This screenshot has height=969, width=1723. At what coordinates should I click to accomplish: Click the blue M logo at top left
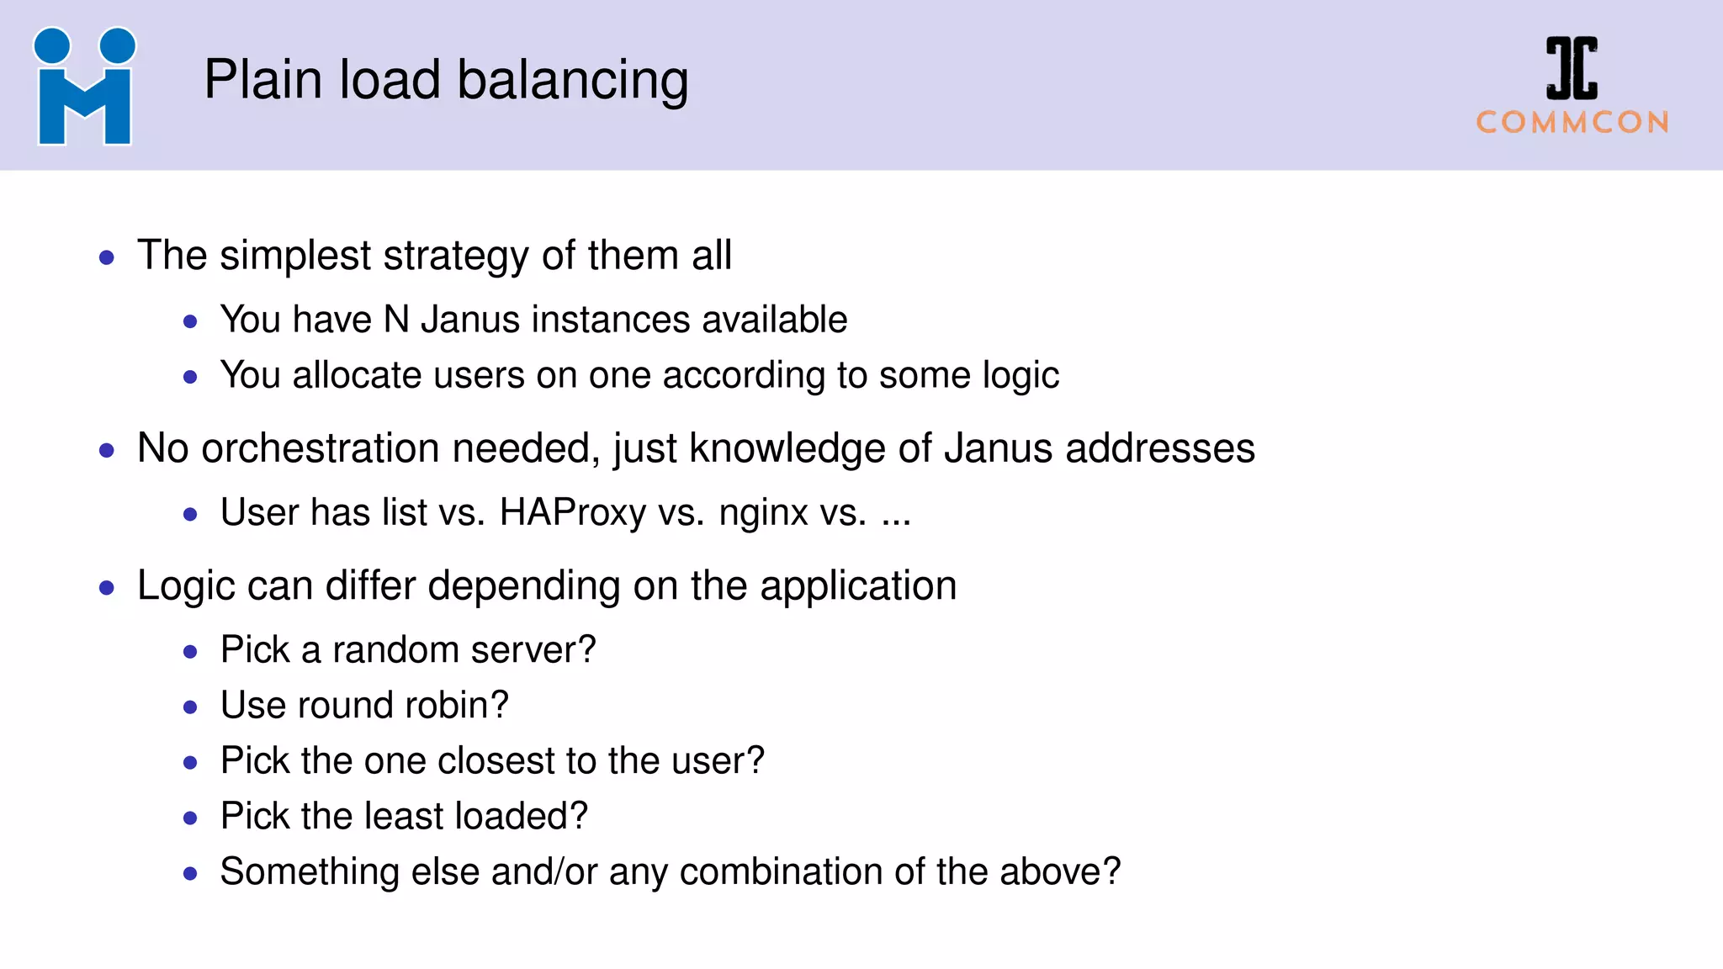(x=84, y=87)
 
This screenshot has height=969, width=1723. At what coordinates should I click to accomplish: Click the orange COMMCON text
(x=1572, y=123)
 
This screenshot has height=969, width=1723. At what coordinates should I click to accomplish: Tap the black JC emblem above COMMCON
(x=1572, y=67)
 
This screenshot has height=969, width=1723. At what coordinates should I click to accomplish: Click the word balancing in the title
(x=573, y=82)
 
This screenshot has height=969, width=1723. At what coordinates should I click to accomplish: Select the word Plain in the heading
(x=263, y=80)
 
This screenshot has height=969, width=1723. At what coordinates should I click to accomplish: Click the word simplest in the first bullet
(x=294, y=257)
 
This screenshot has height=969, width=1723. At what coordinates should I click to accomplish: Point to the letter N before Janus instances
(x=396, y=320)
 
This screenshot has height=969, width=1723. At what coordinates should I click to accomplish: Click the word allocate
(x=357, y=375)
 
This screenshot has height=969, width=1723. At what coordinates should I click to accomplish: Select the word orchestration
(x=320, y=448)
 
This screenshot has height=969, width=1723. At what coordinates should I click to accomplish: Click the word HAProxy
(x=572, y=513)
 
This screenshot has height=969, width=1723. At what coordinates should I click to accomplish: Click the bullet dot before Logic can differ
(x=107, y=587)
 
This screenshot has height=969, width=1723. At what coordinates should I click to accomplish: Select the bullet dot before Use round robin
(x=190, y=707)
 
